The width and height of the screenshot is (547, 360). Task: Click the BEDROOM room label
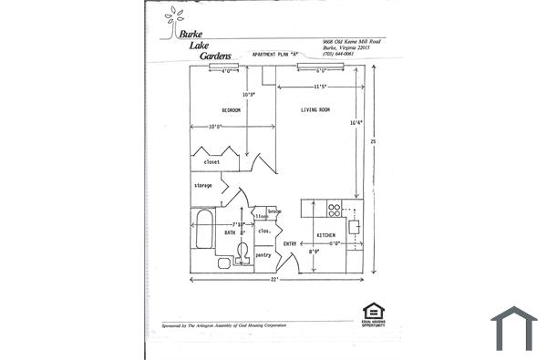[x=232, y=110]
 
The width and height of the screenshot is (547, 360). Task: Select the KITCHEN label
[x=325, y=235]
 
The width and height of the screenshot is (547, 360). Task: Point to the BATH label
[x=231, y=233]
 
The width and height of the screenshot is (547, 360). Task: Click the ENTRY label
[x=290, y=243]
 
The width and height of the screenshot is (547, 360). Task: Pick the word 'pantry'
[x=263, y=255]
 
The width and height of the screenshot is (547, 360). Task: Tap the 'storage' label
[x=203, y=185]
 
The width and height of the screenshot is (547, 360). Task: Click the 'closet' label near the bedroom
[x=212, y=162]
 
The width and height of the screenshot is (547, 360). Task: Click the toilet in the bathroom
[x=242, y=253]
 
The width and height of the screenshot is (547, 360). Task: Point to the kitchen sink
[x=356, y=227]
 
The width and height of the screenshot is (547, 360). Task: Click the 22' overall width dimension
[x=274, y=281]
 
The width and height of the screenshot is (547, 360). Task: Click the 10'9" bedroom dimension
[x=248, y=94]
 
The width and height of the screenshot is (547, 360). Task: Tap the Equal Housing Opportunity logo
[x=373, y=312]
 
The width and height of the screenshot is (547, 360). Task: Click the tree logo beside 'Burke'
[x=172, y=22]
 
